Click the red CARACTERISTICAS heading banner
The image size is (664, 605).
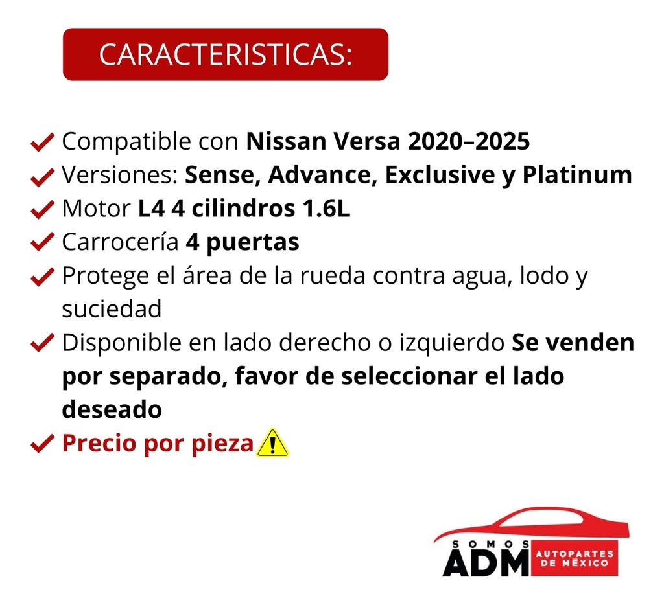click(x=225, y=54)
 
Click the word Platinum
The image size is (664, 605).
click(x=577, y=175)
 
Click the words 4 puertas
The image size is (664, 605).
click(x=243, y=242)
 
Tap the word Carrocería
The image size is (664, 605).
click(x=120, y=242)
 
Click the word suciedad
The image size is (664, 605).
click(x=112, y=310)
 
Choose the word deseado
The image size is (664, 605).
click(x=112, y=410)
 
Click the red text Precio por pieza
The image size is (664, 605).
click(x=157, y=444)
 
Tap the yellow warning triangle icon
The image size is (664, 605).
click(x=272, y=443)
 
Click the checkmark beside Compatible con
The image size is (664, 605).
click(x=42, y=142)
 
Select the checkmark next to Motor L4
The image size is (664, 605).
click(x=42, y=209)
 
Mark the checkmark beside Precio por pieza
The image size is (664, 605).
click(x=42, y=444)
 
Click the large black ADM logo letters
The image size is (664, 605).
click(x=486, y=562)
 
